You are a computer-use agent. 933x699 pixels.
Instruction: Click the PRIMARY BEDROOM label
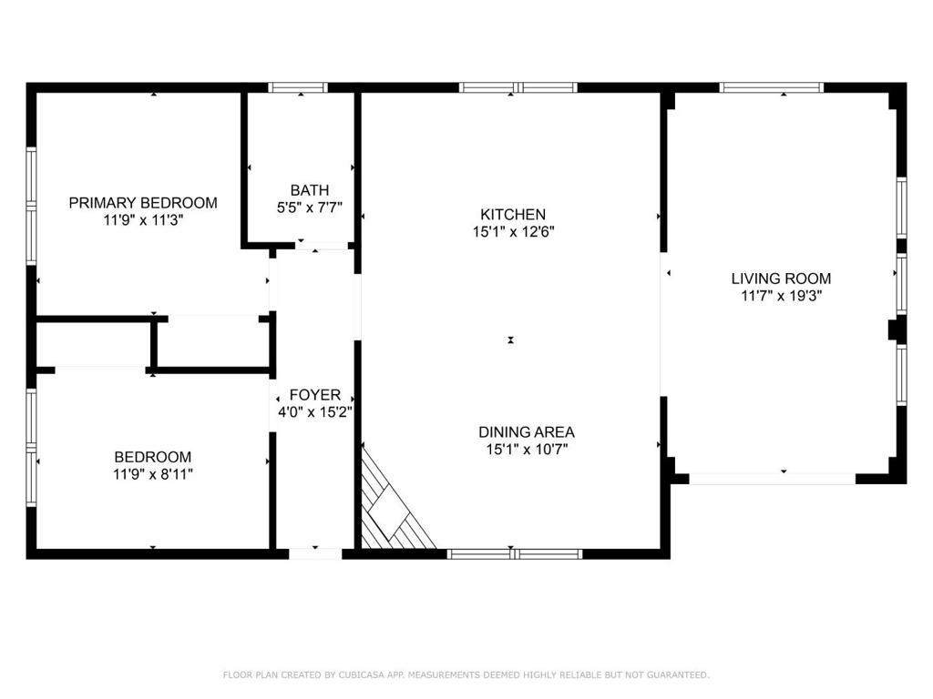click(x=143, y=203)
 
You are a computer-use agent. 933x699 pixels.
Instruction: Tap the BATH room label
click(x=310, y=190)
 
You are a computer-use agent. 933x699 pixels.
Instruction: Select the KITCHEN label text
click(x=513, y=214)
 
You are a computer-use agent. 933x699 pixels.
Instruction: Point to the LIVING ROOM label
click(x=781, y=279)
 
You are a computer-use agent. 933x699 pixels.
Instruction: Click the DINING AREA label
click(x=527, y=432)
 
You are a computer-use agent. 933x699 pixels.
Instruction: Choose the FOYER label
click(x=314, y=395)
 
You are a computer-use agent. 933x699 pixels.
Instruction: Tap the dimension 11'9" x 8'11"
click(x=153, y=474)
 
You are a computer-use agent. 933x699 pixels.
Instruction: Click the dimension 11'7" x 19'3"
click(x=781, y=296)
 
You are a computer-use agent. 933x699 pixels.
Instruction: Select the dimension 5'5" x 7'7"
click(x=310, y=208)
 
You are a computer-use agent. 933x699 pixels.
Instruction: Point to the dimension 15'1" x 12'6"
click(x=514, y=231)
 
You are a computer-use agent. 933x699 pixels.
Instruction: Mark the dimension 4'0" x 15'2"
click(x=314, y=412)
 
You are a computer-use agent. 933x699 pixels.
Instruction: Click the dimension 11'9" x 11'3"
click(x=143, y=220)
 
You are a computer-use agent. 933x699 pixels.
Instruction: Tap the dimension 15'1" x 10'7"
click(x=527, y=450)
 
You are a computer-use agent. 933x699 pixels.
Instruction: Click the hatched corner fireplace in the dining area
click(x=393, y=505)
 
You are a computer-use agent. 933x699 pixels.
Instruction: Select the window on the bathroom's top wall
click(x=298, y=87)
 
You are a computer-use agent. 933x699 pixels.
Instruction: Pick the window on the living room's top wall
click(x=771, y=87)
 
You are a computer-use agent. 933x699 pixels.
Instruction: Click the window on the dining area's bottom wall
click(x=515, y=554)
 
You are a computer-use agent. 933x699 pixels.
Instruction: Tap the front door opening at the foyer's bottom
click(x=315, y=554)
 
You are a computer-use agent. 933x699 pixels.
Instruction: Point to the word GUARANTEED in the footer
click(x=678, y=674)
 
